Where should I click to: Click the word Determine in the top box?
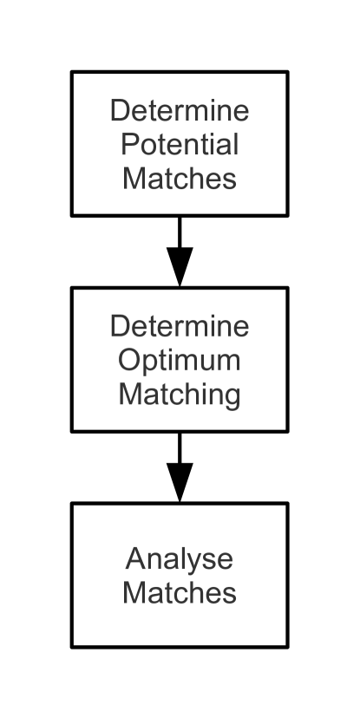click(x=180, y=112)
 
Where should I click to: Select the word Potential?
click(x=180, y=144)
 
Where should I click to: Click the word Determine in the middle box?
click(x=180, y=328)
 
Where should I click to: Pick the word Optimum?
click(x=180, y=360)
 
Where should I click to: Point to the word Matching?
click(x=180, y=395)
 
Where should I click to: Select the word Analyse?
click(x=180, y=560)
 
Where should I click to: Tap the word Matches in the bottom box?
click(x=180, y=593)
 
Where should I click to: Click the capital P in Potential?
click(x=128, y=144)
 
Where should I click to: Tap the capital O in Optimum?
click(x=128, y=360)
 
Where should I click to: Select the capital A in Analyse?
click(x=134, y=559)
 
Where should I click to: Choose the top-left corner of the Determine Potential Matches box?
click(x=72, y=73)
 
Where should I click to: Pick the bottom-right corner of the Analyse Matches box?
click(x=286, y=646)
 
